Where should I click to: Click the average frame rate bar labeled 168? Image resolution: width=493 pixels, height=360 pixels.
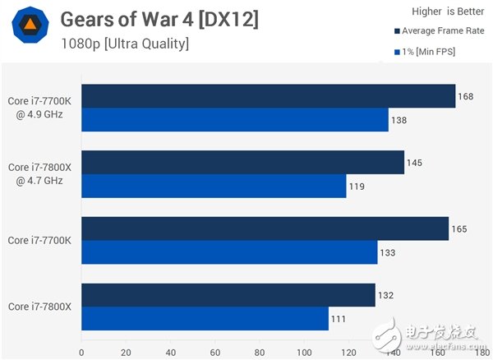(x=268, y=96)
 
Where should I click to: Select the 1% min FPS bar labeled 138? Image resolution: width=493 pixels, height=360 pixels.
(x=234, y=120)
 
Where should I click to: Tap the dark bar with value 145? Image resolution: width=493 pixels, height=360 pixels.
(x=242, y=163)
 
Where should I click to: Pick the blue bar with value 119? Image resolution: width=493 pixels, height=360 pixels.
(x=214, y=187)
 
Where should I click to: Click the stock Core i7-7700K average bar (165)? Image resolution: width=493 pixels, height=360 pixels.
(x=265, y=228)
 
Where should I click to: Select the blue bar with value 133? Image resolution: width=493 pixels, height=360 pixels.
(x=229, y=252)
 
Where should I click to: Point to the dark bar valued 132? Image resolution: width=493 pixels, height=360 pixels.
(x=228, y=294)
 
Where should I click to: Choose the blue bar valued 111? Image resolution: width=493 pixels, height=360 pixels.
(x=205, y=318)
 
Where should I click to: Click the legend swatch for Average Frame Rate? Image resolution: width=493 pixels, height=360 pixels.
(x=397, y=32)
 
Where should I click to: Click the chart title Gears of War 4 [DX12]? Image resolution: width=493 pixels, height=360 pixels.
(x=159, y=19)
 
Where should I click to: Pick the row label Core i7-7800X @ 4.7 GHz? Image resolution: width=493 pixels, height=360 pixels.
(x=41, y=173)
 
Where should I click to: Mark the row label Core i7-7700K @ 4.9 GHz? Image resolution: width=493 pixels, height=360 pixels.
(x=41, y=107)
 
